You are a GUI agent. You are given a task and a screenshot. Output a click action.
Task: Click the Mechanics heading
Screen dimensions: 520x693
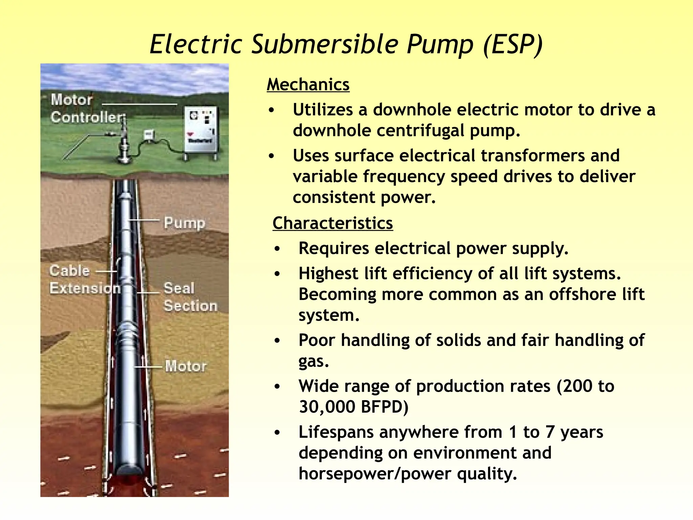(308, 85)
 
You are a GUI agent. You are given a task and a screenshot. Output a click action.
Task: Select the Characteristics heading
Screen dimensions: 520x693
(333, 223)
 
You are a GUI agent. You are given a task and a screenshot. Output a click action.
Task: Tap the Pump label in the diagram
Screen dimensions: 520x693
(184, 223)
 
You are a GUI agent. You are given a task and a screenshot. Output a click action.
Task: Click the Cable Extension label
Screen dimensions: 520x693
(85, 280)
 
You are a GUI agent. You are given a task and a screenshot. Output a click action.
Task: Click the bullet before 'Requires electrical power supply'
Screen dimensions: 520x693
(277, 249)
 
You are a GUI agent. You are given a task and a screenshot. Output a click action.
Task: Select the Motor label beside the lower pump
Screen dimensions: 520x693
(186, 366)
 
